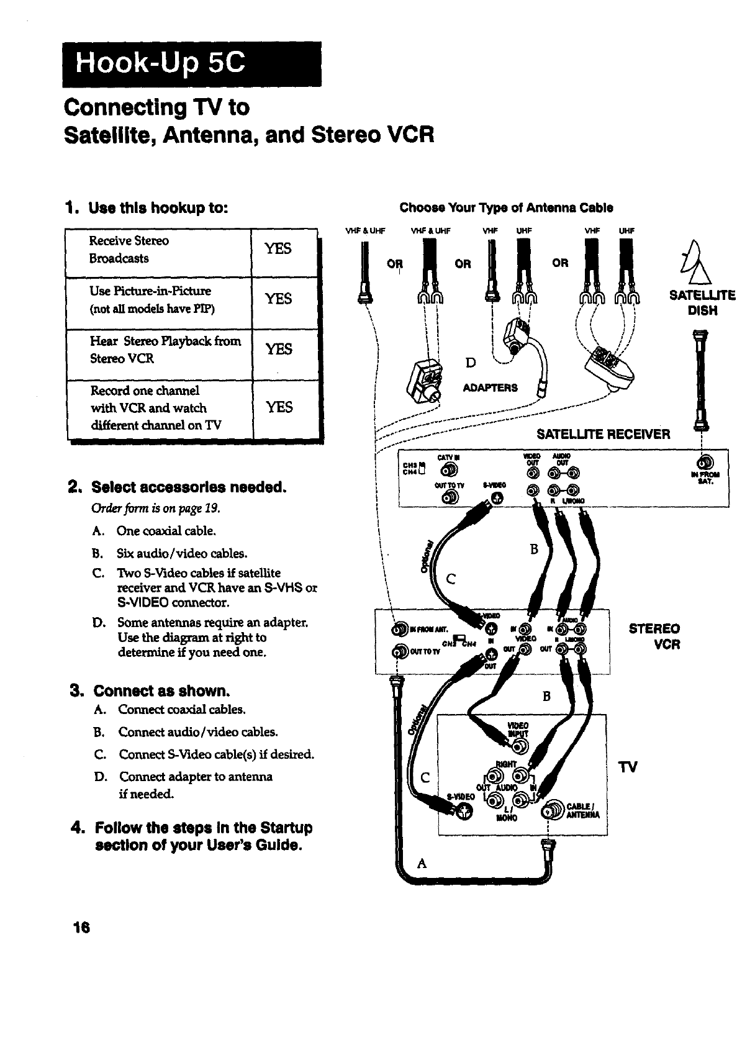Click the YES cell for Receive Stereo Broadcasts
click(278, 248)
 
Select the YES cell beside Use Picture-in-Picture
click(278, 299)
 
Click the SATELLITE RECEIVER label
click(603, 434)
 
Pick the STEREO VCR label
click(654, 636)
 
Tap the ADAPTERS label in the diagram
click(490, 388)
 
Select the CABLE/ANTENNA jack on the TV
click(551, 810)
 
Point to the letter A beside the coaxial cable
click(422, 863)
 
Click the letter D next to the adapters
click(471, 362)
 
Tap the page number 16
click(81, 928)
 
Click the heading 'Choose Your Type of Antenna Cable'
click(506, 207)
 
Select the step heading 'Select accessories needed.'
click(189, 486)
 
